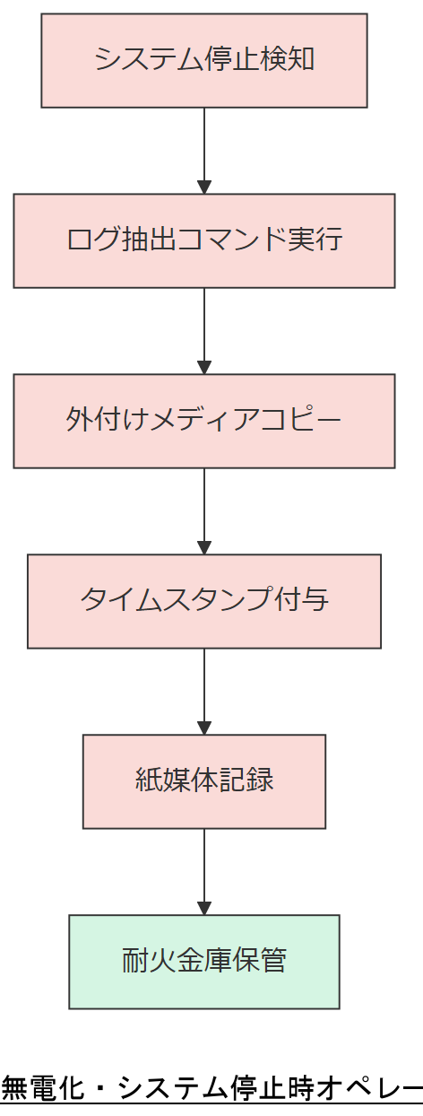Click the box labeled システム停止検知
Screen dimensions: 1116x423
point(204,60)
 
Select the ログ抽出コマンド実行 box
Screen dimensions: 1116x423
point(204,240)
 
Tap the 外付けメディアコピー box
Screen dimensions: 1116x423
point(204,421)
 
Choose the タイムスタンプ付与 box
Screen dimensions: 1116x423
point(204,601)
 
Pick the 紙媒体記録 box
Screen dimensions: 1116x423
point(204,781)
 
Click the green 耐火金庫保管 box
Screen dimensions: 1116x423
point(204,962)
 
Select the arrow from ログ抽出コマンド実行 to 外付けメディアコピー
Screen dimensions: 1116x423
point(204,330)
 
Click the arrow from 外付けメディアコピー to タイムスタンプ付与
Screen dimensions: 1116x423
point(204,510)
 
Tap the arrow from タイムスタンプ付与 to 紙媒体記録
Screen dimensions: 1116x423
point(204,691)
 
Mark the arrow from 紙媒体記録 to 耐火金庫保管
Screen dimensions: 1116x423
point(204,870)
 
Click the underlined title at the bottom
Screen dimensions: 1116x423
point(211,1088)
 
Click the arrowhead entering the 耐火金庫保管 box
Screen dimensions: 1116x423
point(204,908)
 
